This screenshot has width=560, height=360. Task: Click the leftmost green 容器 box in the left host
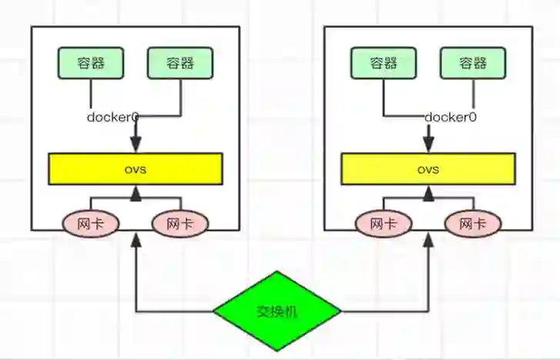pyautogui.click(x=91, y=63)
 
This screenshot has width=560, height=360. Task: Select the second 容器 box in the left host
pyautogui.click(x=180, y=63)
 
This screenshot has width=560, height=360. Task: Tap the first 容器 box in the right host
pyautogui.click(x=384, y=63)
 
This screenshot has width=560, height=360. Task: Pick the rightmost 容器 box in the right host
pyautogui.click(x=473, y=63)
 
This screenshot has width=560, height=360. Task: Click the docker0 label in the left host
pyautogui.click(x=112, y=118)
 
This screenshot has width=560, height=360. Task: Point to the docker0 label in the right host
pyautogui.click(x=451, y=118)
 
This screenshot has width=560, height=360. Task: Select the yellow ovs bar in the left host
pyautogui.click(x=136, y=168)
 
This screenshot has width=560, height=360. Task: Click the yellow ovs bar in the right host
pyautogui.click(x=428, y=168)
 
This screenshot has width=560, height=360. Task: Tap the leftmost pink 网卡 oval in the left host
pyautogui.click(x=91, y=224)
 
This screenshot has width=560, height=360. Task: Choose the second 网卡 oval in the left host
pyautogui.click(x=180, y=224)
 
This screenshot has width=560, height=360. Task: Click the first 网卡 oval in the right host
pyautogui.click(x=384, y=224)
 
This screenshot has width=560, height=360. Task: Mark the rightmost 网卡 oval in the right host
pyautogui.click(x=473, y=224)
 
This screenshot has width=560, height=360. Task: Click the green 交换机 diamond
pyautogui.click(x=277, y=311)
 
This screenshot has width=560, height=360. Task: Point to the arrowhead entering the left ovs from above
pyautogui.click(x=136, y=146)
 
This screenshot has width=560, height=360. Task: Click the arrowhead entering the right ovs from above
pyautogui.click(x=428, y=146)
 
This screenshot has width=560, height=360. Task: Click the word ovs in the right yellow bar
pyautogui.click(x=428, y=169)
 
